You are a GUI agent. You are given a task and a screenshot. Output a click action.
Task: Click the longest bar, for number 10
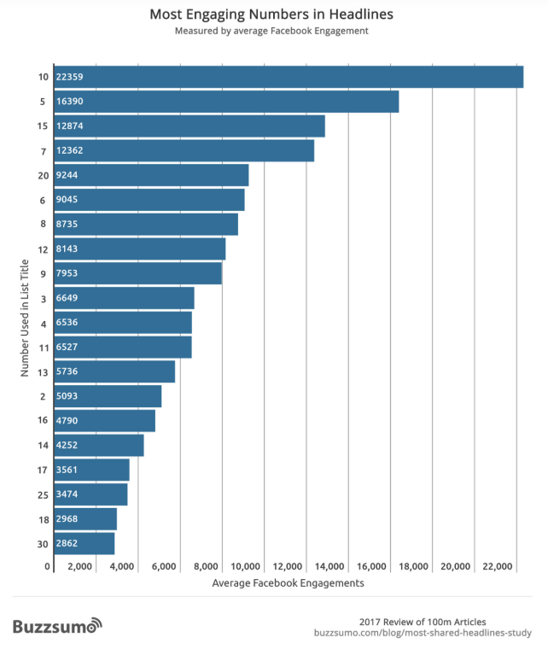pos(289,77)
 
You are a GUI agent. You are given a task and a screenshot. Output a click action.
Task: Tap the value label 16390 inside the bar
pos(70,102)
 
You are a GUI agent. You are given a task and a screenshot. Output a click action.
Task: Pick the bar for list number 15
pos(189,126)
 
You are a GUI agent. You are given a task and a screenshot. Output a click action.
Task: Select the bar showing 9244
pos(151,175)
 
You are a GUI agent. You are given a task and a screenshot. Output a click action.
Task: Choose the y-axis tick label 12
pos(43,249)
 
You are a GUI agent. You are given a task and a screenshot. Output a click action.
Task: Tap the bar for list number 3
pos(124,298)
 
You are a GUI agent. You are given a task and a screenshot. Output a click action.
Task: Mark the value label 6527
pos(67,348)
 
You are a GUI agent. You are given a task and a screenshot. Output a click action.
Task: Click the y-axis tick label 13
pos(43,372)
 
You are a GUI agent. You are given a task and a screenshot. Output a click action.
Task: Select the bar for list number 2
pos(108,396)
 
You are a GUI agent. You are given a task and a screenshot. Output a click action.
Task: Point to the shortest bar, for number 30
pos(84,544)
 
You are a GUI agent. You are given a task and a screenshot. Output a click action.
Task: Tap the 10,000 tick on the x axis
pos(247,567)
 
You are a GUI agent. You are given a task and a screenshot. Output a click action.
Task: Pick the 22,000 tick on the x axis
pos(498,567)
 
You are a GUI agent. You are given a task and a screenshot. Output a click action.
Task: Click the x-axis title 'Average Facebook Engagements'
pos(288,584)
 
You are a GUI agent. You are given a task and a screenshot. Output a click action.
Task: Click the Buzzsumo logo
pos(57,626)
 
